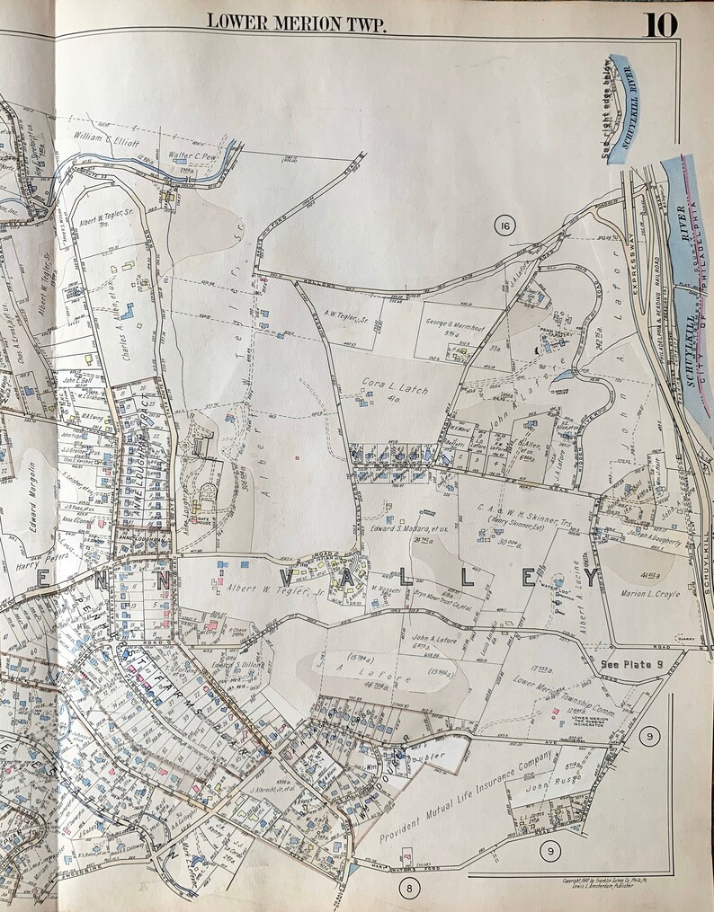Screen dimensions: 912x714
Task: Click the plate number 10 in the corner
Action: (659, 23)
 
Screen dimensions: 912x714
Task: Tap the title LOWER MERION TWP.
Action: (296, 22)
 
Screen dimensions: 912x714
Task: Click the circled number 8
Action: (408, 888)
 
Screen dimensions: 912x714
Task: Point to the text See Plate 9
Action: (629, 664)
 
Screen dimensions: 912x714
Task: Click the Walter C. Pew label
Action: (194, 155)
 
